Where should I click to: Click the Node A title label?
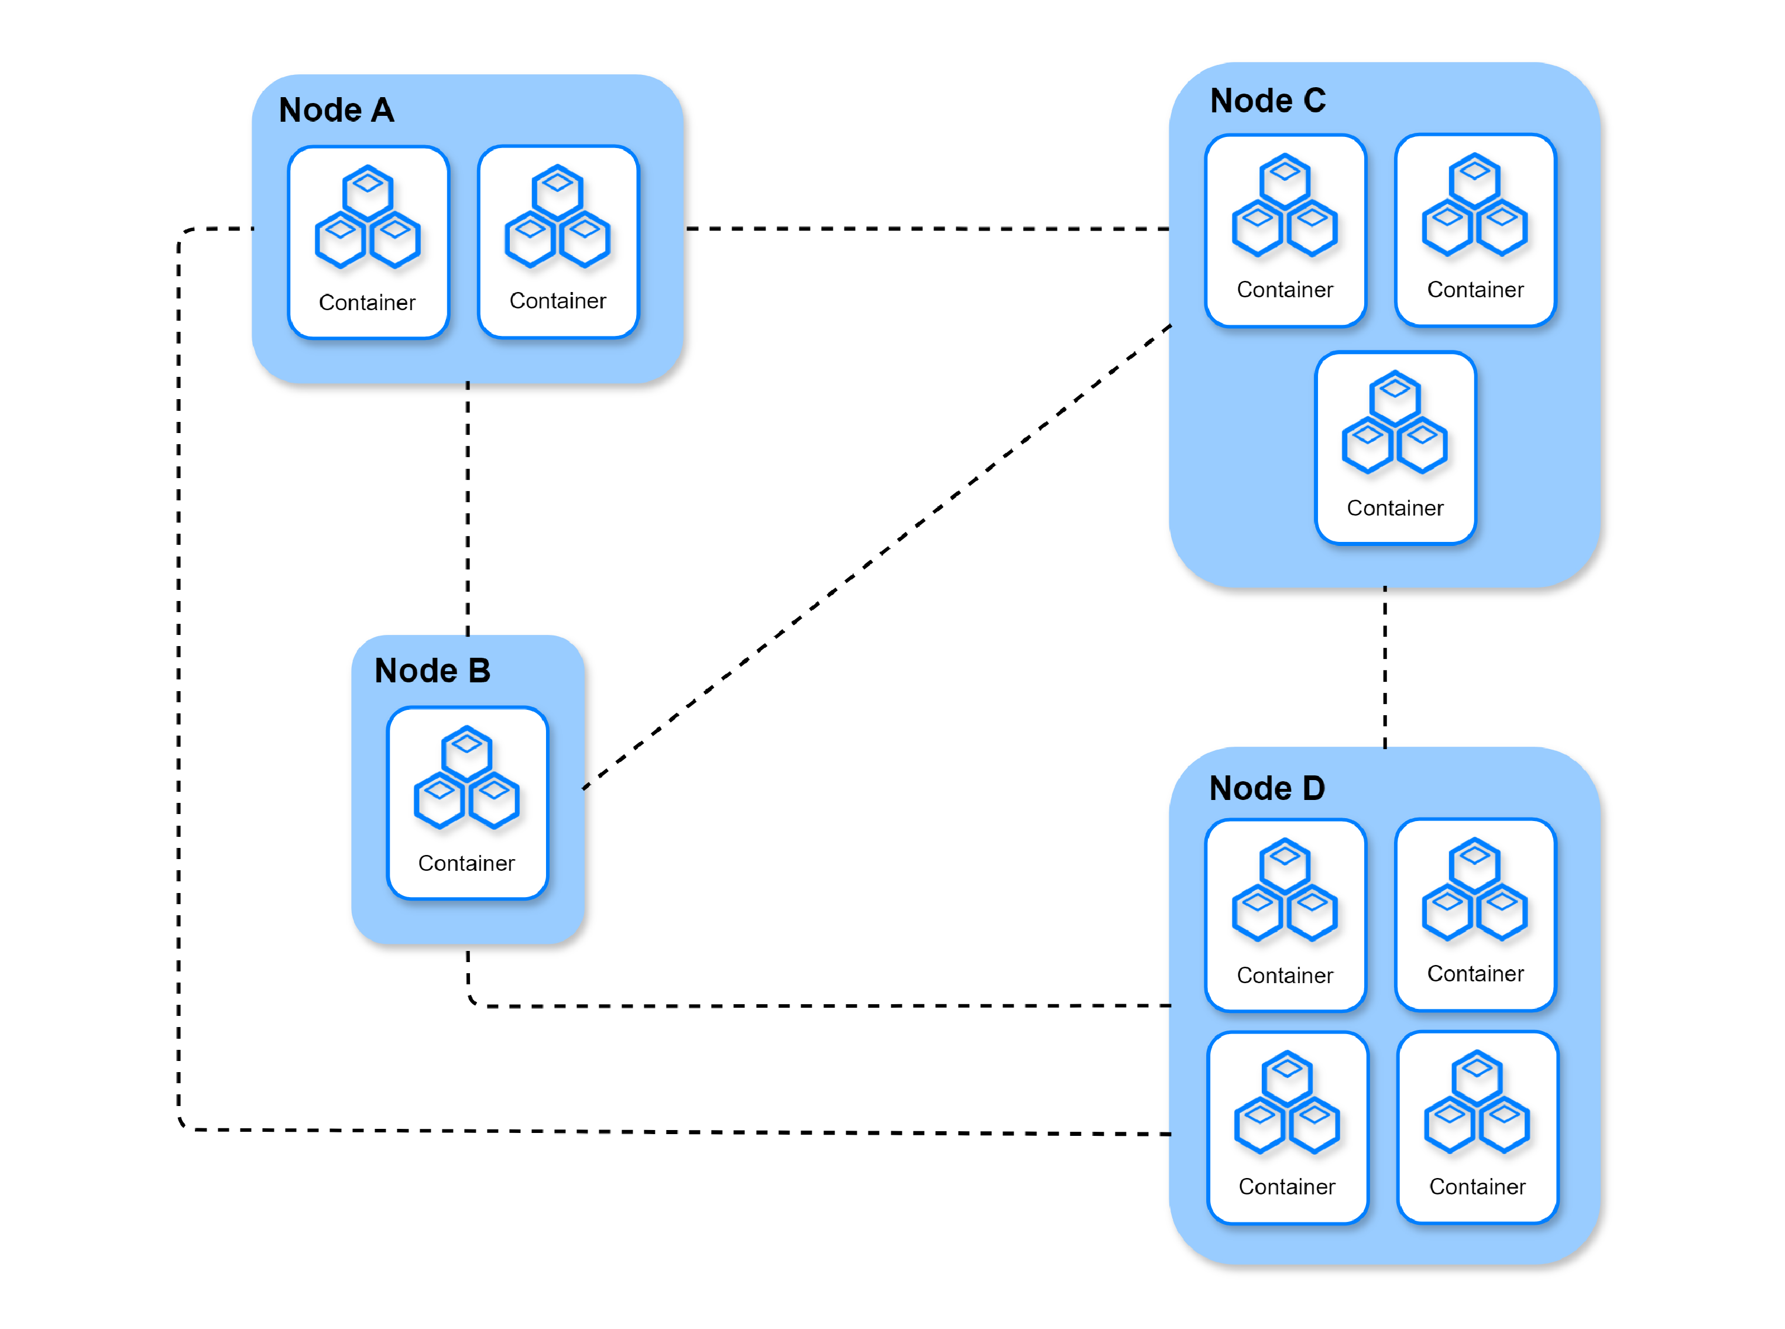(x=337, y=110)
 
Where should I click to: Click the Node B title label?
(x=432, y=670)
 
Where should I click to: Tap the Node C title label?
(x=1268, y=101)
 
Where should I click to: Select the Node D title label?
(x=1267, y=788)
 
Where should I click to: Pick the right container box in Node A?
(x=558, y=241)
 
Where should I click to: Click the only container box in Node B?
(x=468, y=803)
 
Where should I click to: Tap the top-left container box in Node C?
(x=1285, y=230)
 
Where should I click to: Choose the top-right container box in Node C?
(x=1476, y=230)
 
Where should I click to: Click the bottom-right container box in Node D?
(x=1478, y=1127)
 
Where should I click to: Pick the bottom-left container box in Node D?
(x=1288, y=1127)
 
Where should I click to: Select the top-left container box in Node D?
(x=1285, y=915)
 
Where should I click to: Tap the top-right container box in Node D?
(x=1476, y=915)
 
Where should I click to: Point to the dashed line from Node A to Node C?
(x=928, y=228)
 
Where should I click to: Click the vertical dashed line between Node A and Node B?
(x=468, y=509)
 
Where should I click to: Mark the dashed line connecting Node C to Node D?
(x=1385, y=667)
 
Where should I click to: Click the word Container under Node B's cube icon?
(x=466, y=863)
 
